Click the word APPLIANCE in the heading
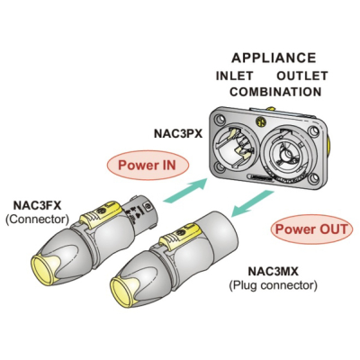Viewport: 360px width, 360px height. [x=274, y=58]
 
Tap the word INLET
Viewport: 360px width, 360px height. [x=235, y=76]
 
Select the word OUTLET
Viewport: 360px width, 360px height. [x=302, y=76]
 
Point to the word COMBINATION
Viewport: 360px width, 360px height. [x=275, y=92]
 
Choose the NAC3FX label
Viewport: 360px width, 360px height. [x=37, y=206]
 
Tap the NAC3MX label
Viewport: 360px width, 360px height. [x=273, y=272]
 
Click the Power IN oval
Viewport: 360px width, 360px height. [x=148, y=166]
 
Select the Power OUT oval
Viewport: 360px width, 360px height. [x=311, y=229]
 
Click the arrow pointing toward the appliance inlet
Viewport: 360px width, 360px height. [x=185, y=191]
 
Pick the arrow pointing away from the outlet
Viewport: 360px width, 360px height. [x=253, y=203]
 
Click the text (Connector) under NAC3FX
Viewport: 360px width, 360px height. [x=37, y=220]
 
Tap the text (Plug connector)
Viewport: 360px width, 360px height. [x=273, y=285]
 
